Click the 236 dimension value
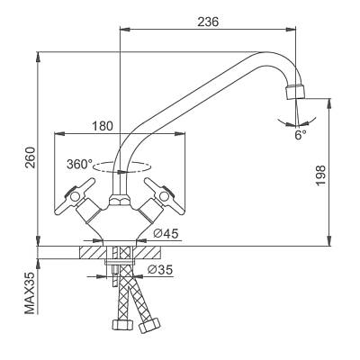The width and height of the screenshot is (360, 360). (208, 22)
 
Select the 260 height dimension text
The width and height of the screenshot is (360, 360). (31, 157)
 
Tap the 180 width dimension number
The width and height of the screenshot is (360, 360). (103, 126)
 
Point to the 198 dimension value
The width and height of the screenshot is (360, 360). (320, 175)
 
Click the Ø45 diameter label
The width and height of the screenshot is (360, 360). (166, 233)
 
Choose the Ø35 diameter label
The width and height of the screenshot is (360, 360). (160, 270)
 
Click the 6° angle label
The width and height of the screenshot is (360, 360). (301, 135)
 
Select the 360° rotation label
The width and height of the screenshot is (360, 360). (79, 164)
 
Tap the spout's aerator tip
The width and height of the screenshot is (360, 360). (294, 92)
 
